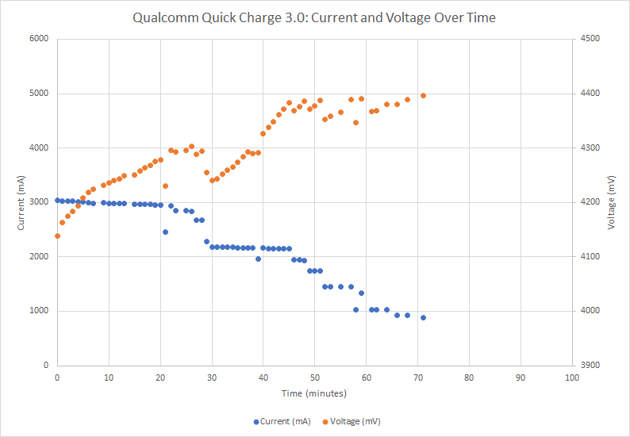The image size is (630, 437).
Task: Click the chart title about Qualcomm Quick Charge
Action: [314, 17]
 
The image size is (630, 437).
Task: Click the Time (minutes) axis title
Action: [314, 393]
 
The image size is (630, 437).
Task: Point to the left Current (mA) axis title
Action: [21, 201]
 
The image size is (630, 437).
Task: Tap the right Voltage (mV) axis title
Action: [612, 201]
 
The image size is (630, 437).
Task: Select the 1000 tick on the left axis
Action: [38, 311]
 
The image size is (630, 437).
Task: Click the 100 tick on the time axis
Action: [571, 378]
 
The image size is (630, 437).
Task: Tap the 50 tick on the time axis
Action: [314, 378]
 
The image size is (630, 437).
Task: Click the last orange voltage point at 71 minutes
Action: [423, 95]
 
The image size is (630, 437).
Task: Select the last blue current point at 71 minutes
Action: [423, 317]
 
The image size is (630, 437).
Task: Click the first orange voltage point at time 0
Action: [57, 236]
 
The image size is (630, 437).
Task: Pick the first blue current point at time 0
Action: [57, 201]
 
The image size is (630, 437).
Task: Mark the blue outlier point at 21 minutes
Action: [165, 232]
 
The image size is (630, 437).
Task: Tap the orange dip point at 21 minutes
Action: [165, 186]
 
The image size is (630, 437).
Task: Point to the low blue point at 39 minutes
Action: [258, 259]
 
